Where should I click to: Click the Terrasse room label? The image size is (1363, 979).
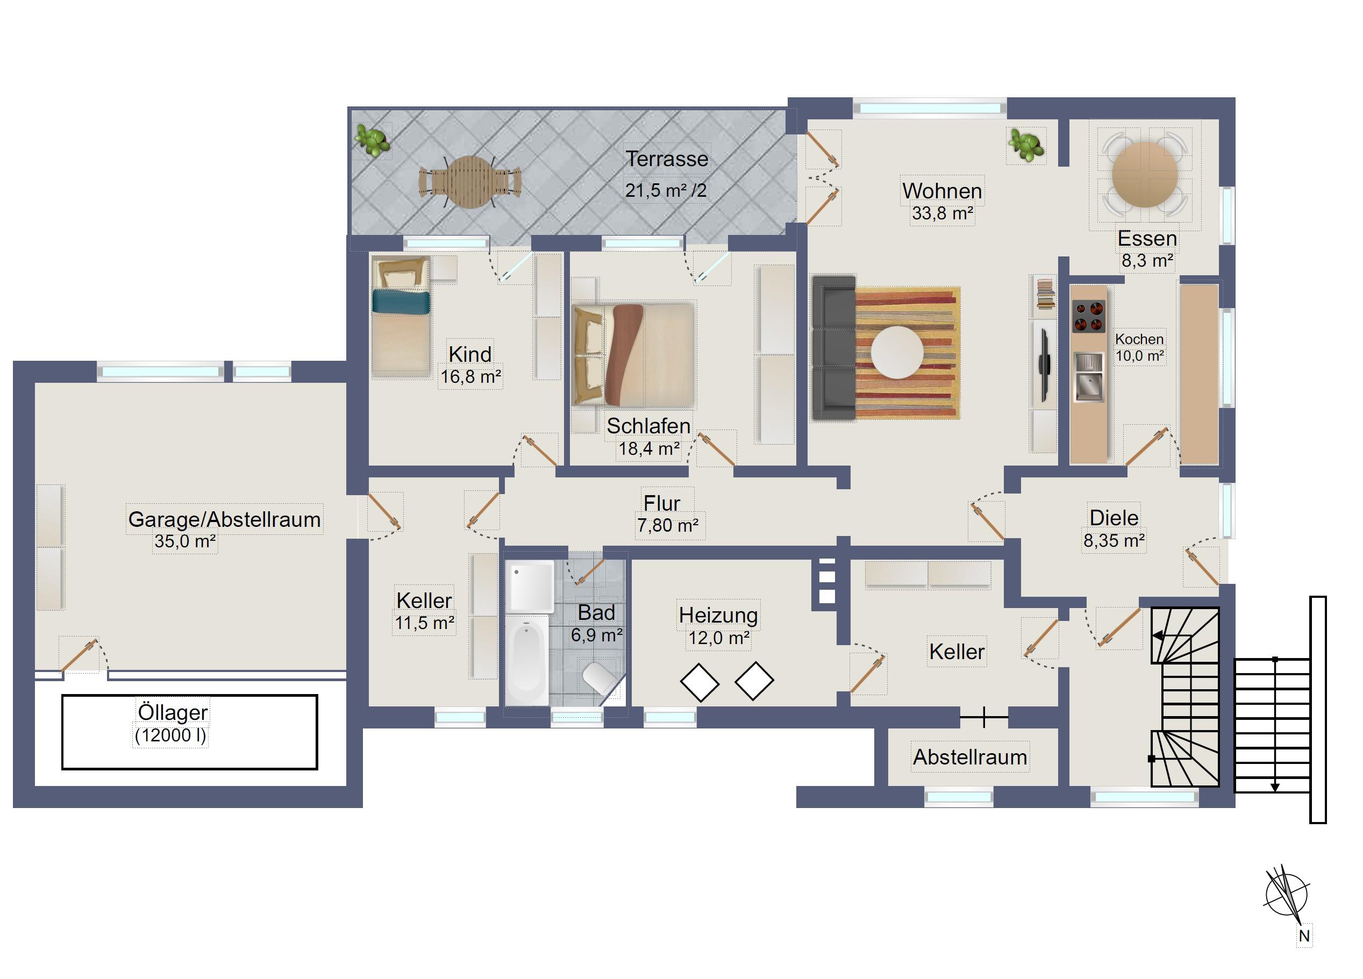[x=667, y=159]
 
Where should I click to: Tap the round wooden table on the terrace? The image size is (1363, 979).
[x=470, y=182]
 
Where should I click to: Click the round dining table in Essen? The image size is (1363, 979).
[x=1145, y=174]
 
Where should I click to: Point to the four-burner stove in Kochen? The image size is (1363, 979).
[x=1088, y=317]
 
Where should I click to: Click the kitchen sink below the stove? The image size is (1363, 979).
[x=1088, y=377]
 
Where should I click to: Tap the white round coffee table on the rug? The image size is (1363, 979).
[x=897, y=352]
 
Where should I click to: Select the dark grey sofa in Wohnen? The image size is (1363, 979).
[x=833, y=348]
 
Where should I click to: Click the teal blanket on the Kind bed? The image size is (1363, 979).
[x=401, y=302]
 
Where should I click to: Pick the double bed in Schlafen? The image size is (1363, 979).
[x=633, y=355]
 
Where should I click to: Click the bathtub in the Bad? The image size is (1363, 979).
[x=526, y=659]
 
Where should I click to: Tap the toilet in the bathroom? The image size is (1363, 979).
[x=600, y=678]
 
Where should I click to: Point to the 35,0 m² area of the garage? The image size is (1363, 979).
[x=185, y=541]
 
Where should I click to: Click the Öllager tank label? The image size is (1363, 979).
[x=173, y=712]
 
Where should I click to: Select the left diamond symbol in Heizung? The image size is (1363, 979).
[x=700, y=682]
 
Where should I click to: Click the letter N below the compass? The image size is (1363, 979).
[x=1304, y=936]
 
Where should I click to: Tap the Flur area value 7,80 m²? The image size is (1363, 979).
[x=668, y=526]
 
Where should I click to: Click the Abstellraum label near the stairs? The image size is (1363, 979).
[x=970, y=758]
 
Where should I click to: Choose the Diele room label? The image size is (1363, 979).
[x=1114, y=518]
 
